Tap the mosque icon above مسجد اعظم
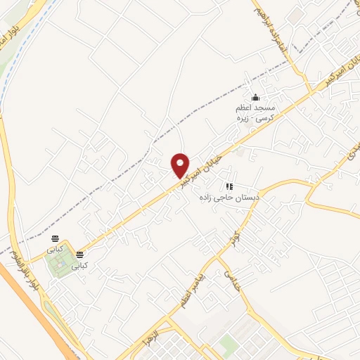[255, 98]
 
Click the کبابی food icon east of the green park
[81, 255]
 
